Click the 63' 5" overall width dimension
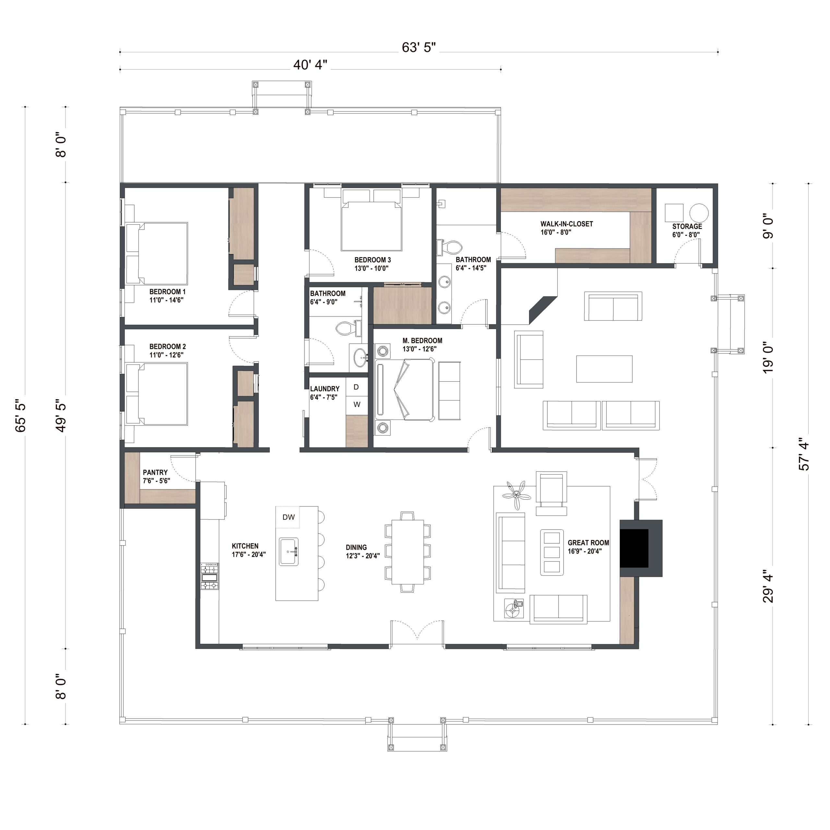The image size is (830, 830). (419, 47)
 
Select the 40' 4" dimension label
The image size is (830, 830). (310, 65)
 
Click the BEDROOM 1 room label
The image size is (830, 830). (168, 292)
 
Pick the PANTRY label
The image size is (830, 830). (155, 472)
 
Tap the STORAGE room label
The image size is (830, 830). (687, 226)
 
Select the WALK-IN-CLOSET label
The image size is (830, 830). (567, 224)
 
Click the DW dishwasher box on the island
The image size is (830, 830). (288, 517)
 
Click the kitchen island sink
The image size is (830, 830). (289, 551)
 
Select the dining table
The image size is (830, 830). (407, 552)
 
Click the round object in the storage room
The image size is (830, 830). (699, 213)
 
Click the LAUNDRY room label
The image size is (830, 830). (325, 389)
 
